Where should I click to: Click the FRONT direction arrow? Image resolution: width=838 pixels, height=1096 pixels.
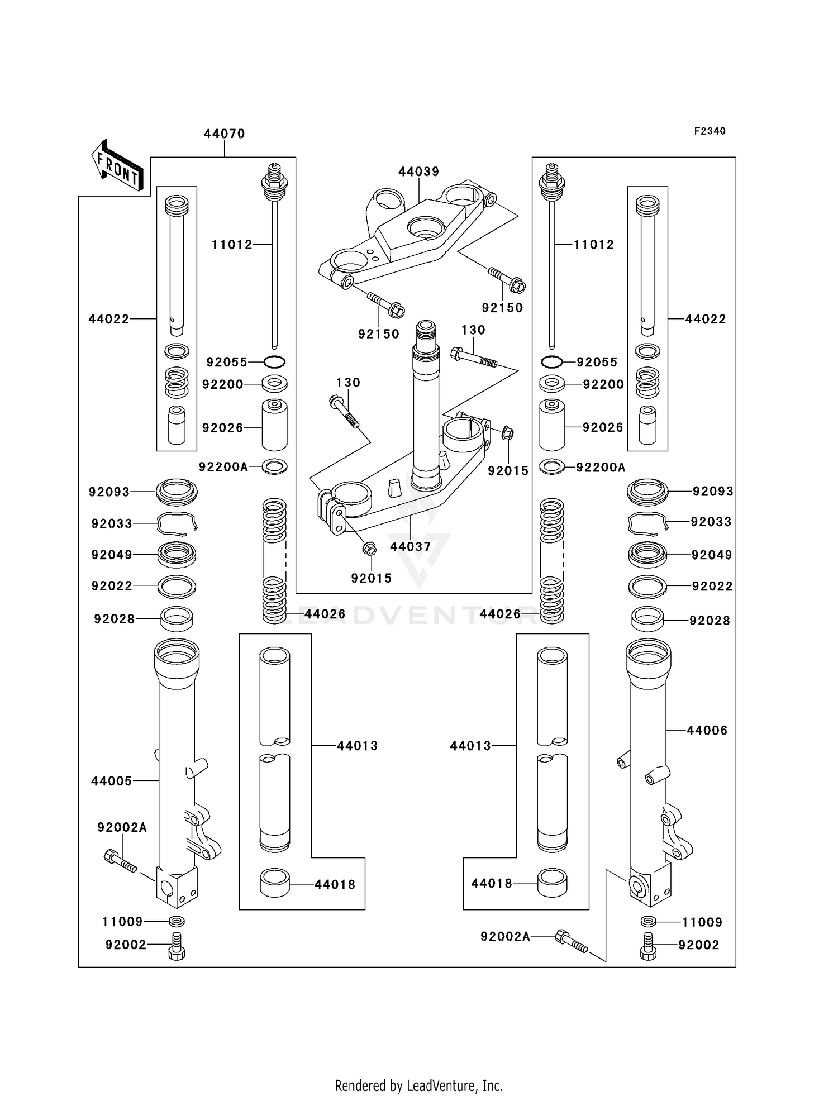click(x=118, y=165)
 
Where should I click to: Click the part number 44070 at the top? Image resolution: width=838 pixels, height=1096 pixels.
click(x=224, y=134)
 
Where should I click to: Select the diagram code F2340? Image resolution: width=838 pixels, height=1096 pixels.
click(x=710, y=131)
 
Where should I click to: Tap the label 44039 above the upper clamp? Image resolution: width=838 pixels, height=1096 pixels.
click(x=418, y=171)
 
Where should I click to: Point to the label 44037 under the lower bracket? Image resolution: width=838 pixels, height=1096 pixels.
click(x=411, y=547)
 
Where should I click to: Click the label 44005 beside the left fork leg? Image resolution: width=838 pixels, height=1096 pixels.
click(x=112, y=781)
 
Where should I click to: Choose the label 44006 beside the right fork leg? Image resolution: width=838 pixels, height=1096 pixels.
click(x=707, y=730)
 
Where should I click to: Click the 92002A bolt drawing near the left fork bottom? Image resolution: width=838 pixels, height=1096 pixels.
click(x=120, y=861)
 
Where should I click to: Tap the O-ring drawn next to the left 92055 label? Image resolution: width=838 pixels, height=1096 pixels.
click(x=274, y=362)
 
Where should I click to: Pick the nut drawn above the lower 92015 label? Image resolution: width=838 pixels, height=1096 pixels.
click(x=369, y=549)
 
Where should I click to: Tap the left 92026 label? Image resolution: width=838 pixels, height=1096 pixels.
click(x=222, y=427)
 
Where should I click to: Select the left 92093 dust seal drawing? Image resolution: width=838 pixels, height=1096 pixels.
click(x=177, y=492)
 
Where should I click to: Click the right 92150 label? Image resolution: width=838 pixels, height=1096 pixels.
click(x=502, y=308)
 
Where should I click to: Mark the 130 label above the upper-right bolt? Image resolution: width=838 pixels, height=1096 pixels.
click(x=473, y=330)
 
